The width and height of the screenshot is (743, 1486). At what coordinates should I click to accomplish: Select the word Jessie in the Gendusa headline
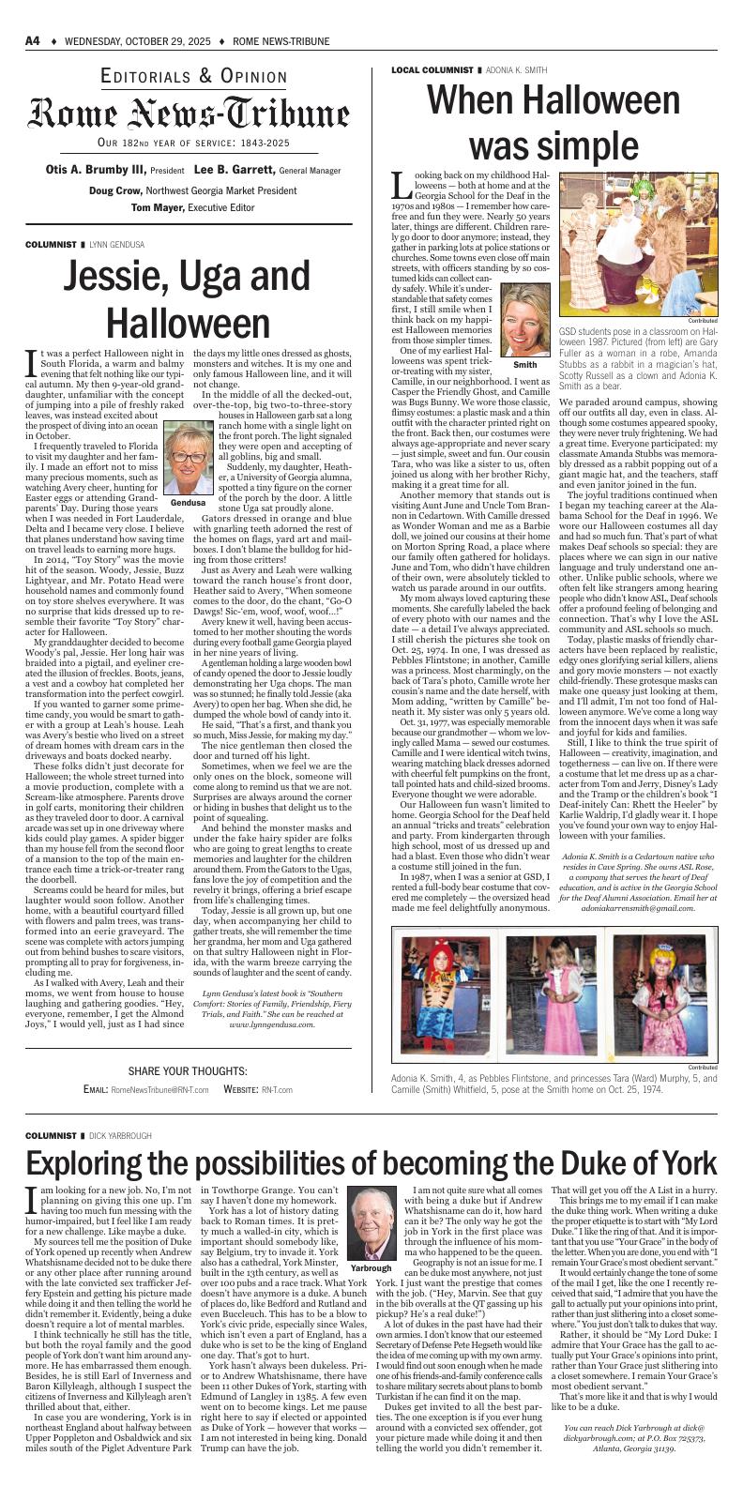tap(118, 277)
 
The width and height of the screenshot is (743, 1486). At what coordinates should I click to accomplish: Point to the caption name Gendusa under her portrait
tap(188, 504)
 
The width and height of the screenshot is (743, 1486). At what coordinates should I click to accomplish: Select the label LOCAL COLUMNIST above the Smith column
tap(432, 70)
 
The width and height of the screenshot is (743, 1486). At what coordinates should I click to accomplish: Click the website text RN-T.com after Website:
tap(277, 1089)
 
